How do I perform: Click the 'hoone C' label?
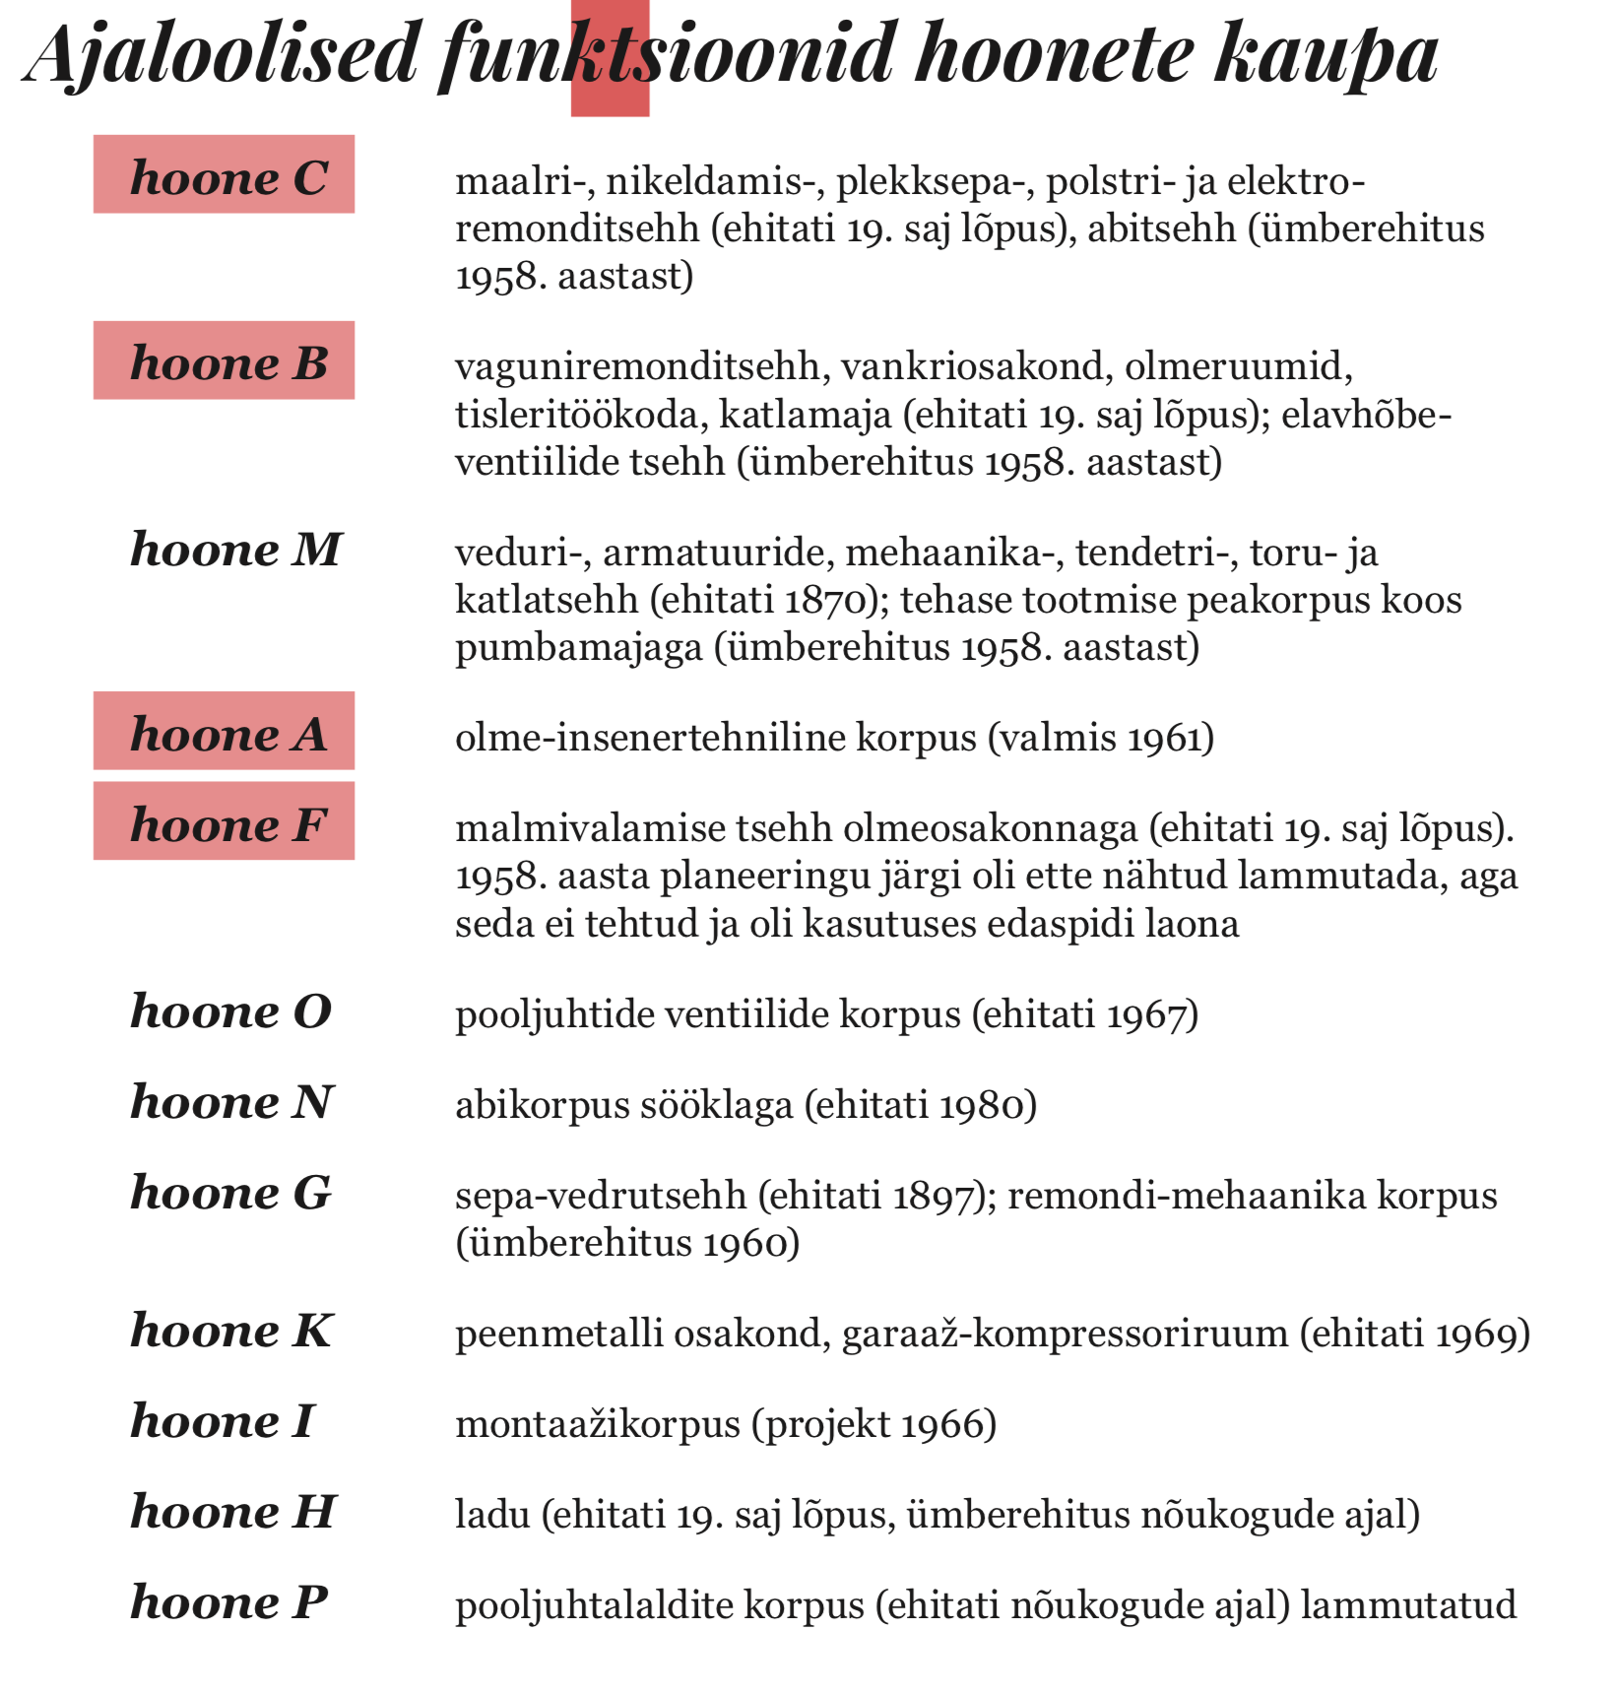227,177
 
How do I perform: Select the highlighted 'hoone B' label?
227,362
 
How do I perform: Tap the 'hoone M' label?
235,549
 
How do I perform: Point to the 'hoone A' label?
227,734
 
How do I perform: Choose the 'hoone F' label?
227,824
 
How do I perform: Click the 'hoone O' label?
231,1011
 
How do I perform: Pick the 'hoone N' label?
232,1101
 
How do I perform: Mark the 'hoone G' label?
231,1193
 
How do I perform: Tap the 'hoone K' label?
232,1331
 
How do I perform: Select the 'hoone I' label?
223,1421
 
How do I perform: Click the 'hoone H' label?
233,1512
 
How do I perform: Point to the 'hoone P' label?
228,1602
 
